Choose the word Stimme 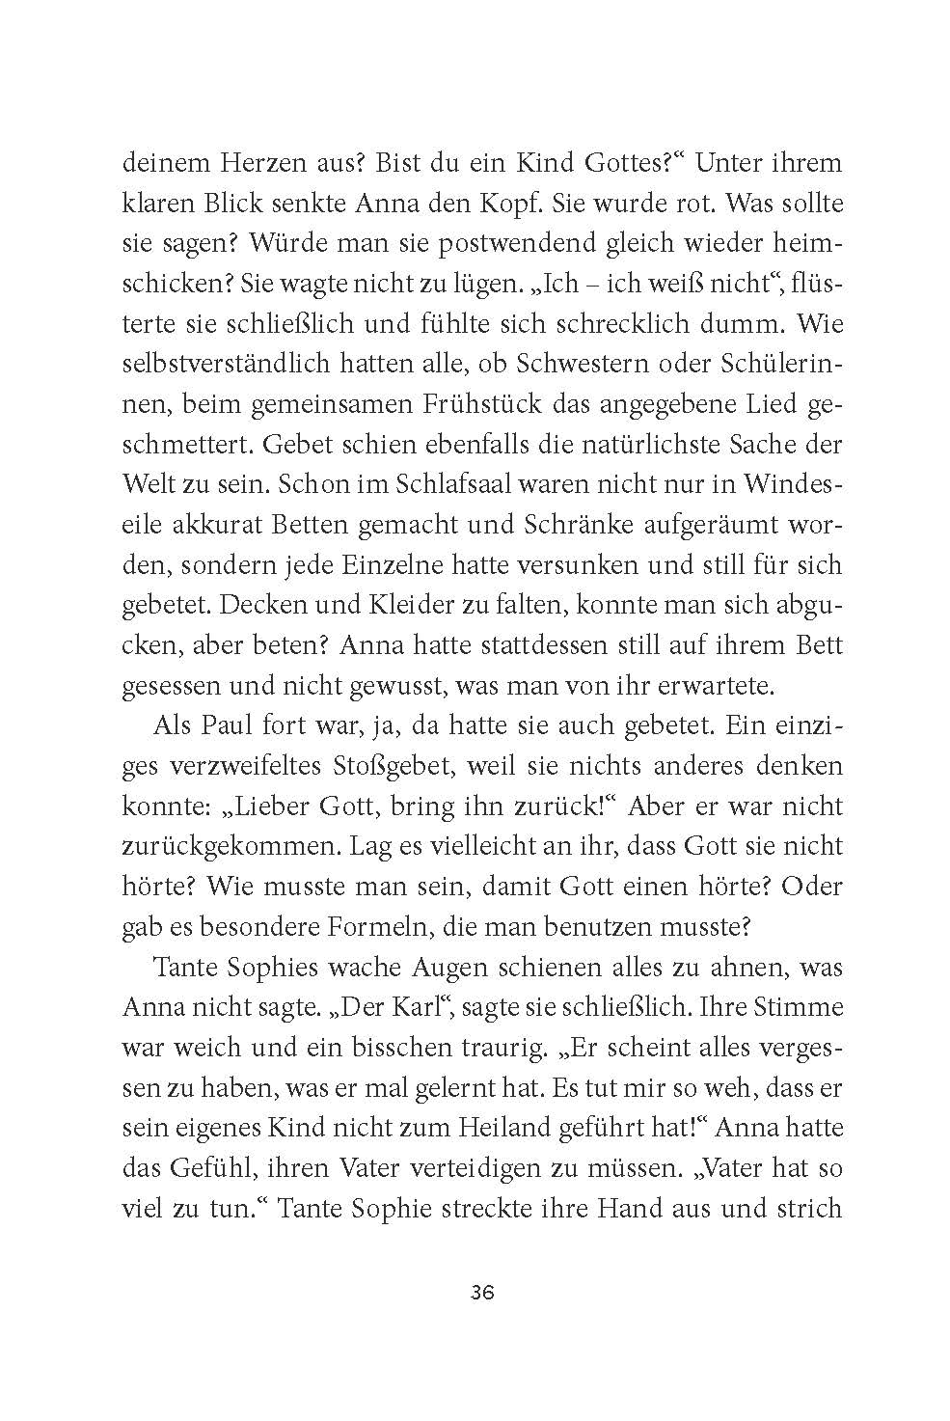tap(799, 1007)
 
